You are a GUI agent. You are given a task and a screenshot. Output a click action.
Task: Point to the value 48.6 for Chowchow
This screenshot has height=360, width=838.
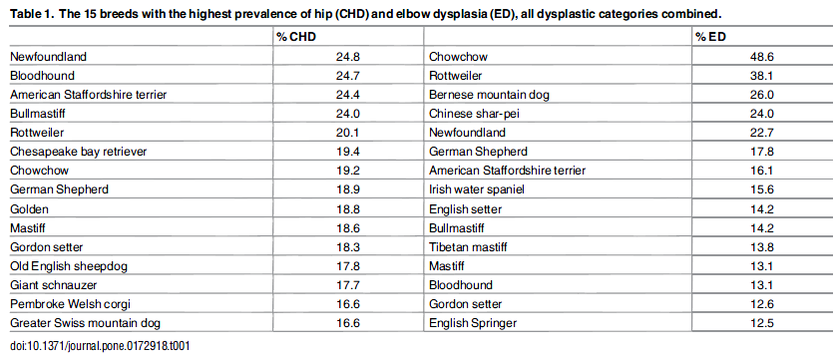pyautogui.click(x=761, y=56)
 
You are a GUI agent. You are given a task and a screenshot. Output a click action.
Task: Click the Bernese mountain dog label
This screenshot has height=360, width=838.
pyautogui.click(x=490, y=94)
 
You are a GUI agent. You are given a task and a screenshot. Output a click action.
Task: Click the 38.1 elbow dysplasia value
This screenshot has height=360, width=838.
pyautogui.click(x=761, y=75)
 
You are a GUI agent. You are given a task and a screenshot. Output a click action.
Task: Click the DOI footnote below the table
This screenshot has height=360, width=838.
pyautogui.click(x=99, y=345)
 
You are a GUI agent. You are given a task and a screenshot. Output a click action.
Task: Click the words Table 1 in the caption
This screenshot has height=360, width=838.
pyautogui.click(x=31, y=13)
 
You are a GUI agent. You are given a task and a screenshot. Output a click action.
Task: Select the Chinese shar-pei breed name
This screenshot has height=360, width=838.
pyautogui.click(x=475, y=114)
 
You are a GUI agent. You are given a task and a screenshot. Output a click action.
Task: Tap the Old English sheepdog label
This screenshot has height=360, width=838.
pyautogui.click(x=66, y=266)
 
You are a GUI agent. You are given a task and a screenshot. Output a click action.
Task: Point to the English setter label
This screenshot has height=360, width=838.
pyautogui.click(x=466, y=208)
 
